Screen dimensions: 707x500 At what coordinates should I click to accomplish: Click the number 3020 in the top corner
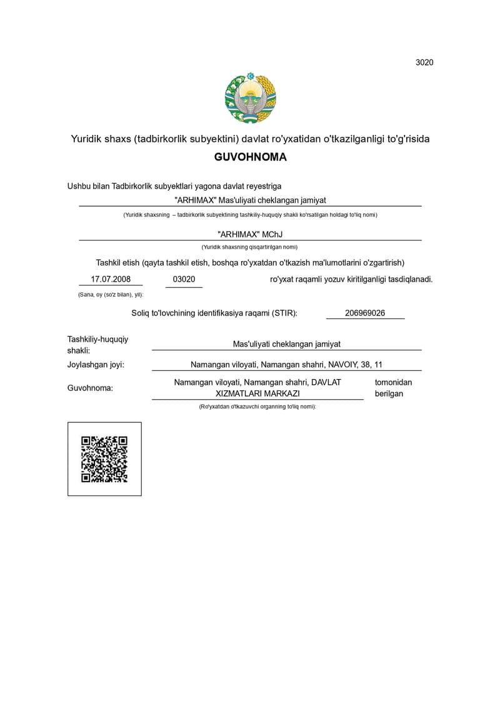coord(424,62)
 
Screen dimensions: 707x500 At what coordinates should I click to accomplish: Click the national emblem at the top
coord(251,99)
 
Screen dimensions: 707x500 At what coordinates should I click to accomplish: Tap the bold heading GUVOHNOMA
coord(250,157)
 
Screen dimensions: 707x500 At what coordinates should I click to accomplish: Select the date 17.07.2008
coord(111,279)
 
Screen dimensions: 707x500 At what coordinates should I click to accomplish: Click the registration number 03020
coord(184,279)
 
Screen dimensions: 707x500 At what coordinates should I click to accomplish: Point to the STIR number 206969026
coord(365,313)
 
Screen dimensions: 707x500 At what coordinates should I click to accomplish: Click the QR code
coord(104,459)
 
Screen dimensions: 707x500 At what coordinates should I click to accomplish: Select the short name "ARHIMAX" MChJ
coord(250,234)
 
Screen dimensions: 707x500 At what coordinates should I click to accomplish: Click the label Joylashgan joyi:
coord(96,365)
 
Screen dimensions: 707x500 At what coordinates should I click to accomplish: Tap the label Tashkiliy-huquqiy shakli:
coord(97,344)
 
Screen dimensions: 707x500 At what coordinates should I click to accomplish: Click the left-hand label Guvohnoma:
coord(90,388)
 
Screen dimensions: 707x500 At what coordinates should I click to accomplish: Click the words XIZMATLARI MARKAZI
coord(257,393)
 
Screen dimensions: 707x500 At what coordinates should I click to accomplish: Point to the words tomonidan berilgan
coord(393,388)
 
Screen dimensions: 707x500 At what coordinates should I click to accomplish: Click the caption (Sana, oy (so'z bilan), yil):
coord(111,294)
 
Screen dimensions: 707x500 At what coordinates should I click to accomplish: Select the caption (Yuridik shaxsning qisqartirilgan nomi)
coord(250,247)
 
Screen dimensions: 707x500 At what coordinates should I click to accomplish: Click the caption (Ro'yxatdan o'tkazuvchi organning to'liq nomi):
coord(257,407)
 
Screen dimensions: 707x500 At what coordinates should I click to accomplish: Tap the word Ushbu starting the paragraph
coord(79,186)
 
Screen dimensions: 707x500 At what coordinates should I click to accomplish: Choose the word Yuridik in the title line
coord(85,139)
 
